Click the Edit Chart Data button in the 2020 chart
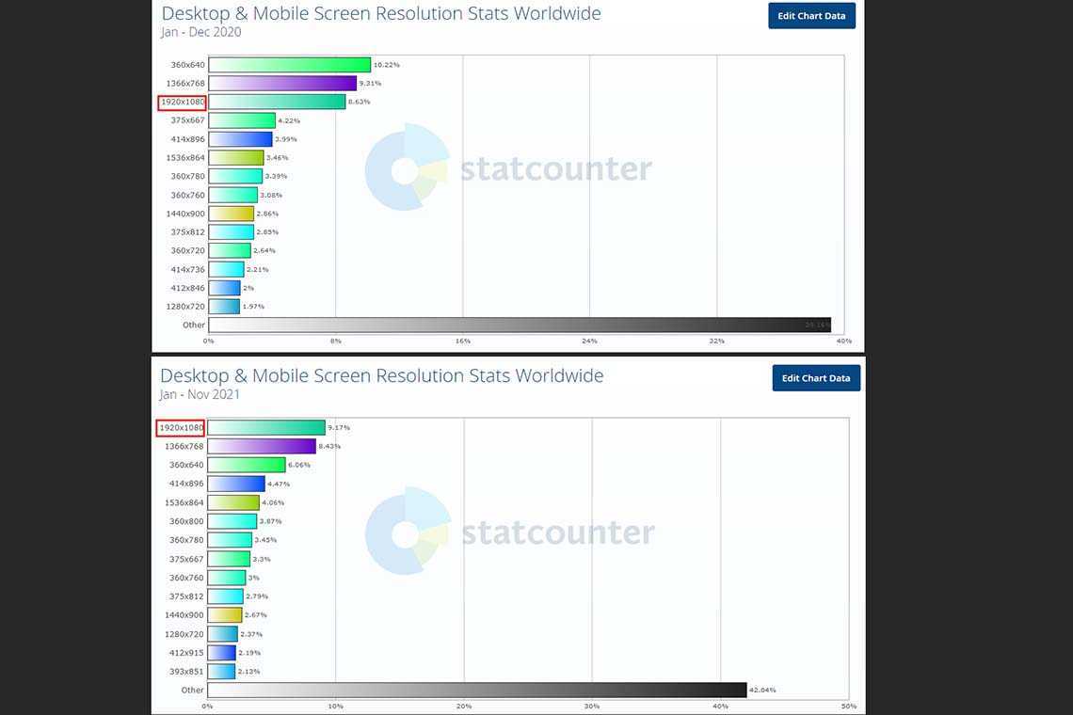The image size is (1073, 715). pos(811,16)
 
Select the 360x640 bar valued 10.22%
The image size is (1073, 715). pos(289,65)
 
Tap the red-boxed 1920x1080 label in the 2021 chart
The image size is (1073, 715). pos(182,428)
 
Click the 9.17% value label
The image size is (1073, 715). pos(339,428)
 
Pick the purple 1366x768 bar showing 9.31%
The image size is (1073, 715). pos(282,84)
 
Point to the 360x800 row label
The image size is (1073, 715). pos(185,521)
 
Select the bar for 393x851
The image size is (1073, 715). pos(221,672)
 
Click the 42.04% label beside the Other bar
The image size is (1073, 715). pos(762,690)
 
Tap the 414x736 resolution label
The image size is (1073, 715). pos(187,270)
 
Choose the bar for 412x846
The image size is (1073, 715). pos(224,288)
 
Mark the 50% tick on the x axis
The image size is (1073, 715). pos(848,707)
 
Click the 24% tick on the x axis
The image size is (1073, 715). pos(590,341)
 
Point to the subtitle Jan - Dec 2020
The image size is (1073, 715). pos(200,32)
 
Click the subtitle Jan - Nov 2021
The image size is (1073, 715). pos(200,395)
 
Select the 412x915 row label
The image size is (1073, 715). pos(185,653)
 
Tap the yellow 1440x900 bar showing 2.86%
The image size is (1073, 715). pos(231,214)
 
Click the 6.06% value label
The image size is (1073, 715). pos(299,465)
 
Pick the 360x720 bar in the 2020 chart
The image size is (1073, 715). pos(229,251)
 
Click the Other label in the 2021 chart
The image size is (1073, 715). pos(192,690)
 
